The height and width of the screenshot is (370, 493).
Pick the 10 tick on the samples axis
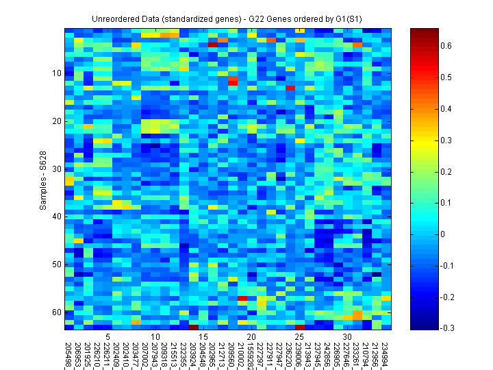[57, 73]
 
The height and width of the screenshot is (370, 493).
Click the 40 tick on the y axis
[57, 217]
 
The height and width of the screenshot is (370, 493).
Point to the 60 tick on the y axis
[57, 312]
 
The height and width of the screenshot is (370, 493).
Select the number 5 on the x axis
[108, 337]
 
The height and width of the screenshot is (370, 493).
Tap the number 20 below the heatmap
[251, 337]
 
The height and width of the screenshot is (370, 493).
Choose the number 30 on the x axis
[347, 337]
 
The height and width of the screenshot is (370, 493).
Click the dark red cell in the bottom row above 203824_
[194, 327]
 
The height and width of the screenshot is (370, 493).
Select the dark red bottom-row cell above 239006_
[300, 327]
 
